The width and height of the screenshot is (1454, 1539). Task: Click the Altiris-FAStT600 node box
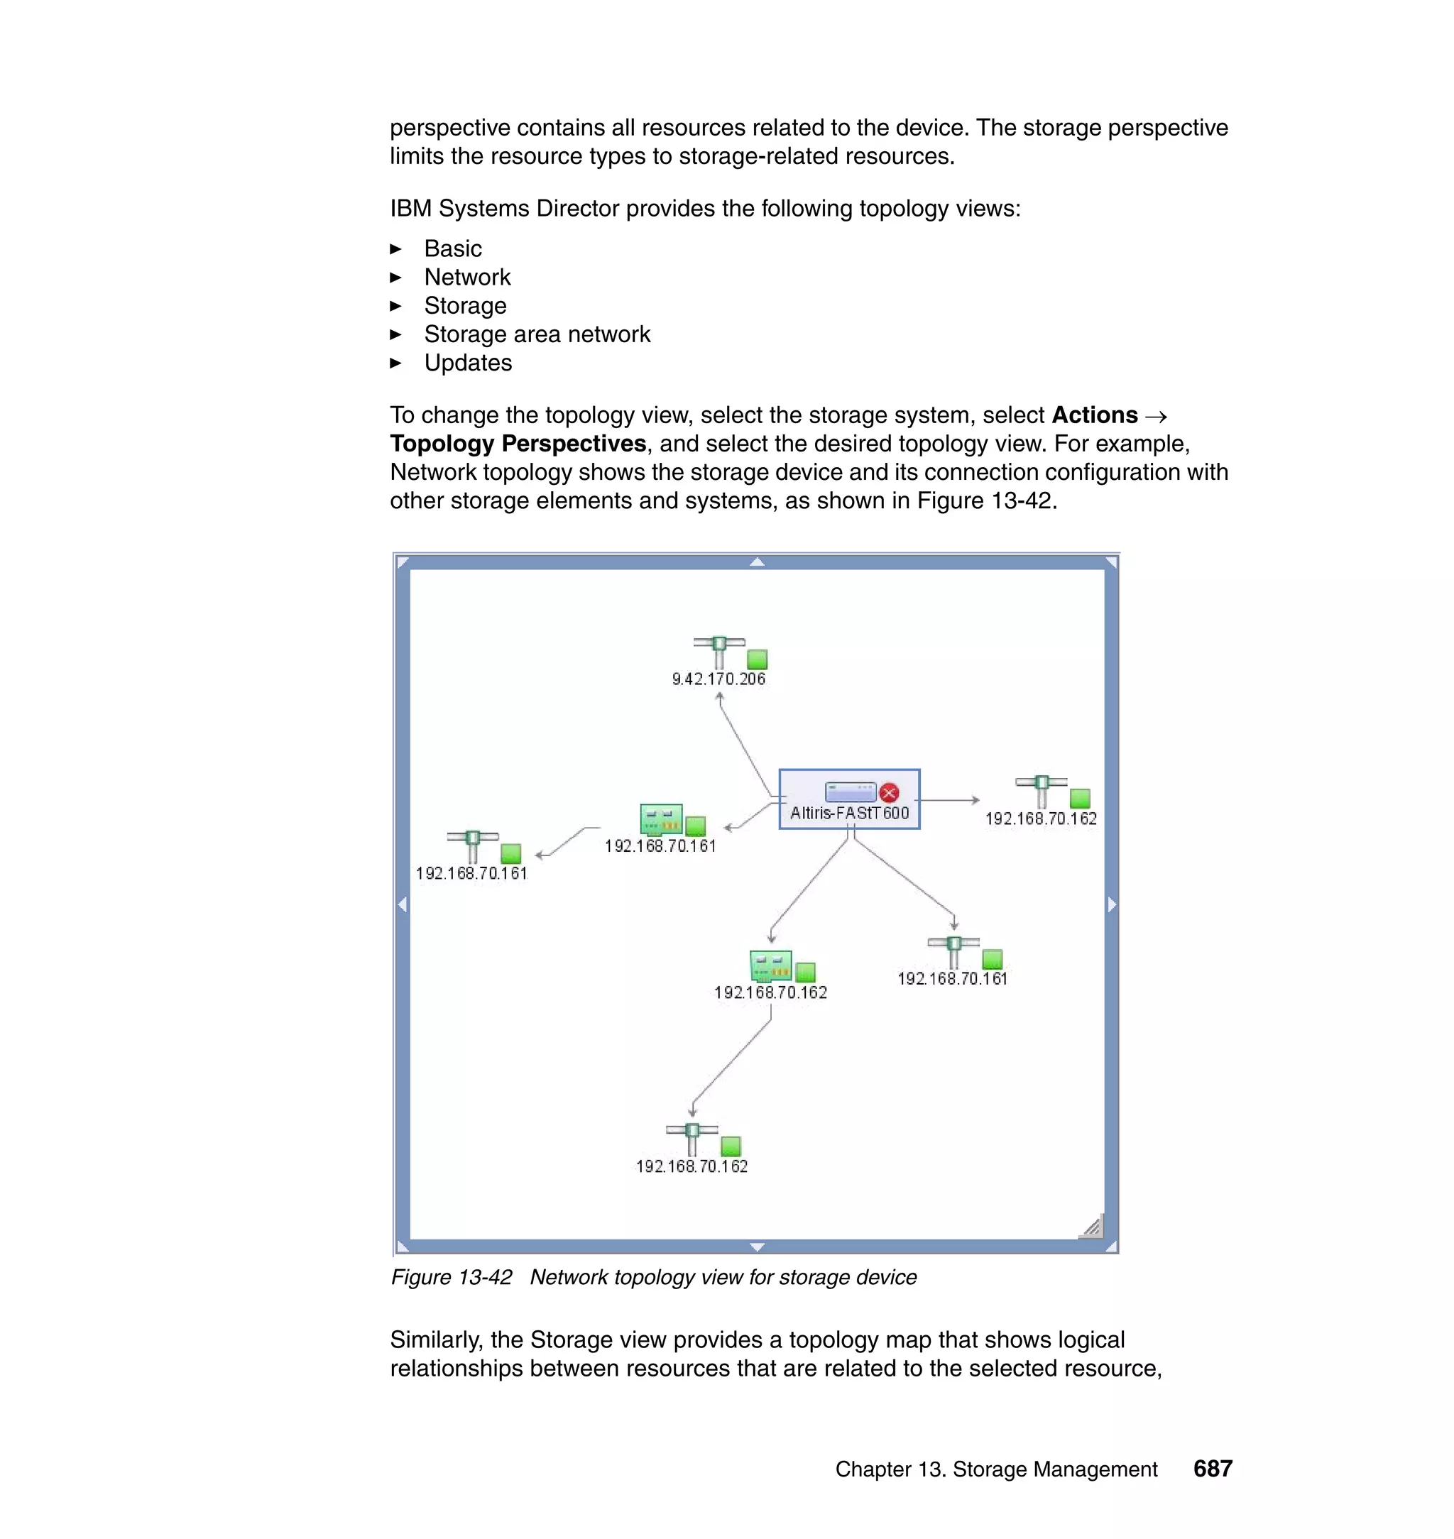(848, 799)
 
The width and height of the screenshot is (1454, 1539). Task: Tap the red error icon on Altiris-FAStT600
(889, 792)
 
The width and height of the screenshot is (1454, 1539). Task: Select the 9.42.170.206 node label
(718, 679)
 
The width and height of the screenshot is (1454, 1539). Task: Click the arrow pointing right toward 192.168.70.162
(949, 800)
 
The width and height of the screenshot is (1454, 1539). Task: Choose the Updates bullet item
(467, 363)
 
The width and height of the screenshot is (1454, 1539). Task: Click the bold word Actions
(1094, 415)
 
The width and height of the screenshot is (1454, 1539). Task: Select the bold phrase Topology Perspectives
(518, 443)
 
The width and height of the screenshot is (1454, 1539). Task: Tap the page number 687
(1212, 1469)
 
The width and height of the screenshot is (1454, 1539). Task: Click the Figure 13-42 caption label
(451, 1277)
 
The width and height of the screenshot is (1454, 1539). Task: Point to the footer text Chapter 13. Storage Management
(996, 1469)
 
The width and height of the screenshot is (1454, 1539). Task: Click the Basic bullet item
(453, 248)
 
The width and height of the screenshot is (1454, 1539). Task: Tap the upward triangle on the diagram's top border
(758, 562)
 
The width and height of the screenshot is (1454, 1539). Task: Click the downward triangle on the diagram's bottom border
(758, 1247)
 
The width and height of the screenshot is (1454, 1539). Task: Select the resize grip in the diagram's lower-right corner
(1092, 1227)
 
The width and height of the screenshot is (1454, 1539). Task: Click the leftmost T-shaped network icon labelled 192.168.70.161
(472, 845)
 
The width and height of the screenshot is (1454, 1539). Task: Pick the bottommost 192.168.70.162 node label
(692, 1166)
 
